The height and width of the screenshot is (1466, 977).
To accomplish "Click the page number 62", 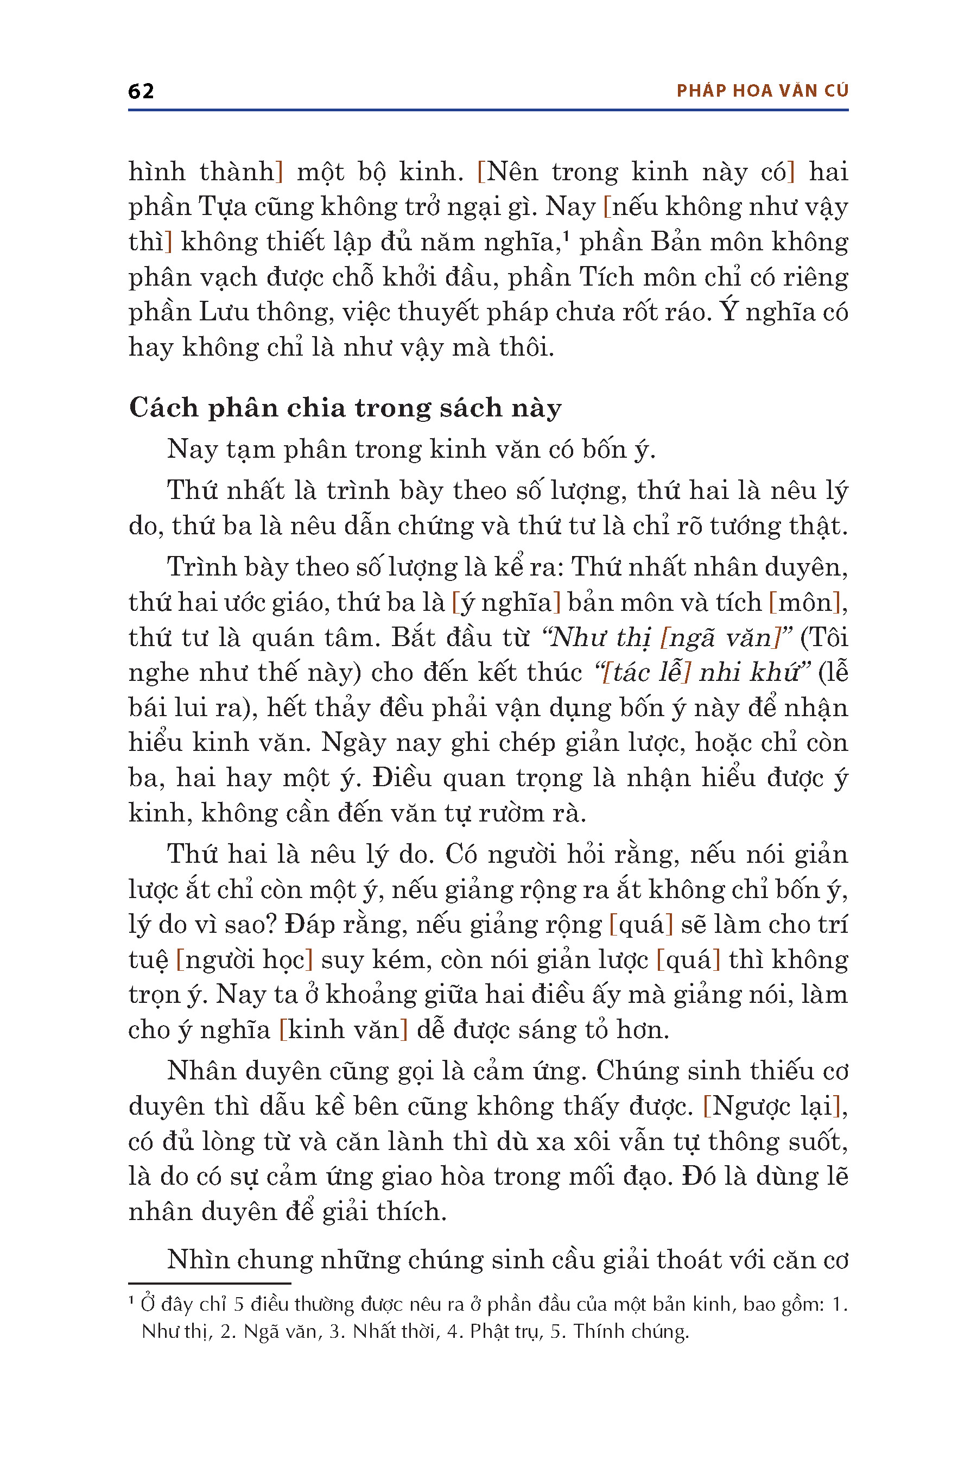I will tap(141, 91).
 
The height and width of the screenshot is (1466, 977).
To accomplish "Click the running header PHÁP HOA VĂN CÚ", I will tap(762, 91).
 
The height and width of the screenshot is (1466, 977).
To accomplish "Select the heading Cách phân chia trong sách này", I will tap(345, 408).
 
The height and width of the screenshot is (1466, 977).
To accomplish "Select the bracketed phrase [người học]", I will tap(244, 960).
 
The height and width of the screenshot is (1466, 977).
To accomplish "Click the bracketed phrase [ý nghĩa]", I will tap(506, 603).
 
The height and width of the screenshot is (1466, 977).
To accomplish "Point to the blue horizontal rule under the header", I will tap(488, 110).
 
